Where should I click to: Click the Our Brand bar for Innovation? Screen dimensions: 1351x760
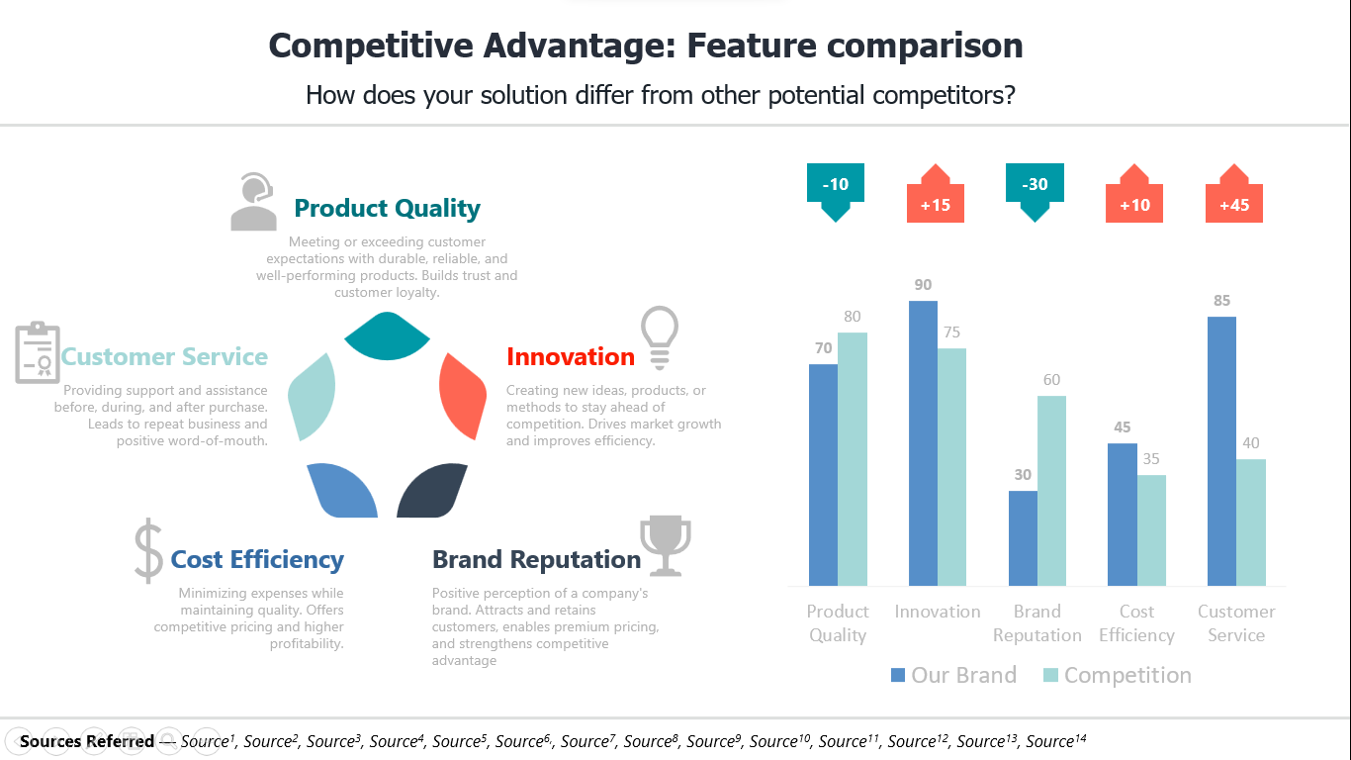(x=923, y=443)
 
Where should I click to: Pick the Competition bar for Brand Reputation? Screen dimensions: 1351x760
(x=1051, y=491)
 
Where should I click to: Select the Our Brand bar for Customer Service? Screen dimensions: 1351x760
(x=1221, y=451)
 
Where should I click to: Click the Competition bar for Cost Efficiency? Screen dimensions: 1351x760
(x=1151, y=530)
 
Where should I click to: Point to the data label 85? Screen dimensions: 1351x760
(x=1221, y=300)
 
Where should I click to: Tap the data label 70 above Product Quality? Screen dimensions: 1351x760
(x=823, y=347)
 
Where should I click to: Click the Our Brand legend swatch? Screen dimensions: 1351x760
(x=897, y=675)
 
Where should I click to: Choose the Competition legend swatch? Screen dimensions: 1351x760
(x=1050, y=675)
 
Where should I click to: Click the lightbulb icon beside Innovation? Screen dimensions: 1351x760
(x=660, y=337)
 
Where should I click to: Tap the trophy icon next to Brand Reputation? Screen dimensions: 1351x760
(x=666, y=545)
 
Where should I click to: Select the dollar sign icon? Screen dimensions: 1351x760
(x=148, y=550)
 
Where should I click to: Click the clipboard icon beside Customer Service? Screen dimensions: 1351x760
(x=38, y=352)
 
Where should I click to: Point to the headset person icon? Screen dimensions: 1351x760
(x=253, y=202)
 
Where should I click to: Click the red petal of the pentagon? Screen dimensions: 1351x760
(x=463, y=396)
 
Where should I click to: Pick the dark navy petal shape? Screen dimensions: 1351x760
(x=432, y=490)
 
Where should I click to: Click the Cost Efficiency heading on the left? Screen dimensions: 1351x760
(x=257, y=559)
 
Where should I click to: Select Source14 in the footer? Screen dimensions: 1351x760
(x=1056, y=740)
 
